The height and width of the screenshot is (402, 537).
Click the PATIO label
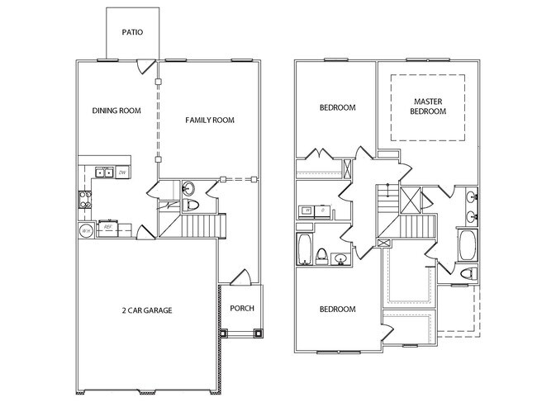point(132,34)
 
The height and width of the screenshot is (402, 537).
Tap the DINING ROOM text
point(116,110)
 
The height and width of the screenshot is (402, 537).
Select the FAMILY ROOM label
point(210,121)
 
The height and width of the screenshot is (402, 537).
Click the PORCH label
point(242,310)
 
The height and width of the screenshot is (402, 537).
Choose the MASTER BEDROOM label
point(429,106)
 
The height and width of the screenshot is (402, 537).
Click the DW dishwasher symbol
point(121,173)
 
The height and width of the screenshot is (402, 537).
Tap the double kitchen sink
point(103,173)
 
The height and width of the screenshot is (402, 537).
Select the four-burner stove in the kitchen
point(84,198)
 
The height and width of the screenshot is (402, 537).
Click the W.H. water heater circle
point(85,231)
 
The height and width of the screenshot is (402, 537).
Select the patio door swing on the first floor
point(147,65)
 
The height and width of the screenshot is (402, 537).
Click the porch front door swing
point(241,279)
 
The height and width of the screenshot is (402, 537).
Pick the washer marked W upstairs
point(307,210)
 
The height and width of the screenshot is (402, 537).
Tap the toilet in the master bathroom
point(467,273)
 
